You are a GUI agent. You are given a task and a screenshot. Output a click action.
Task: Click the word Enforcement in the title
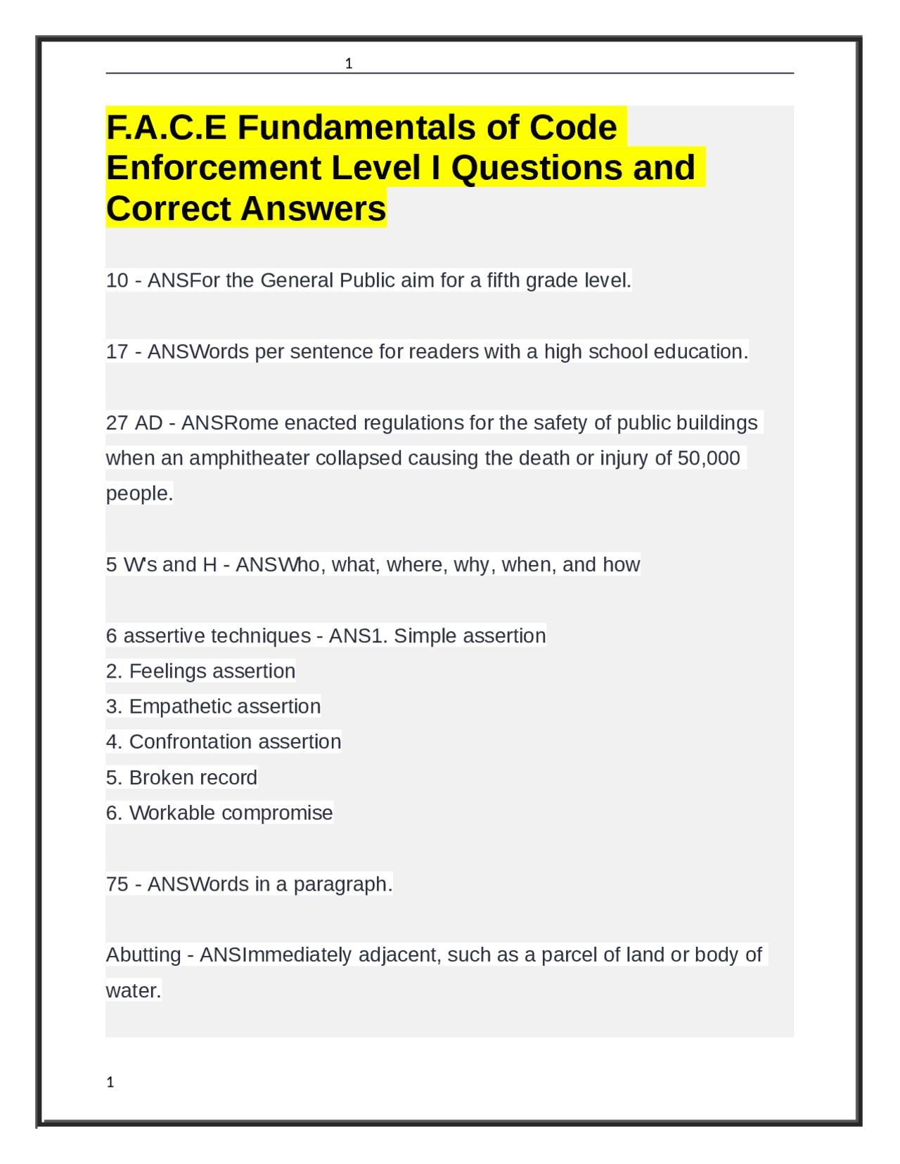(x=214, y=168)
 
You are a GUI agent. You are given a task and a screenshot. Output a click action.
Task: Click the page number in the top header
(x=349, y=64)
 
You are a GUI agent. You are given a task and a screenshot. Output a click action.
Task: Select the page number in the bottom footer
(x=110, y=1082)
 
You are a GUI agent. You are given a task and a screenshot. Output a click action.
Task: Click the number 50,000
(x=708, y=458)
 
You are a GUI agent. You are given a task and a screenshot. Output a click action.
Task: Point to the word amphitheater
(x=249, y=458)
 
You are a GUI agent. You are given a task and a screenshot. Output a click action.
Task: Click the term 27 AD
(x=134, y=423)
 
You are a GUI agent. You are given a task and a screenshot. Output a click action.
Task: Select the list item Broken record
(x=193, y=777)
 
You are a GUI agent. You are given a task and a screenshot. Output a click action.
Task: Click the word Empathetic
(x=174, y=706)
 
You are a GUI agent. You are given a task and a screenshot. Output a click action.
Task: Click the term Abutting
(x=143, y=955)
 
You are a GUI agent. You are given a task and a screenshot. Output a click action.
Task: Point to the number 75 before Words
(x=117, y=884)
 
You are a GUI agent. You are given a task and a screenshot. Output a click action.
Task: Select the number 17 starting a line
(x=117, y=351)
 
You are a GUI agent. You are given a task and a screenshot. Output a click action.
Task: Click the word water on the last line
(x=131, y=991)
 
